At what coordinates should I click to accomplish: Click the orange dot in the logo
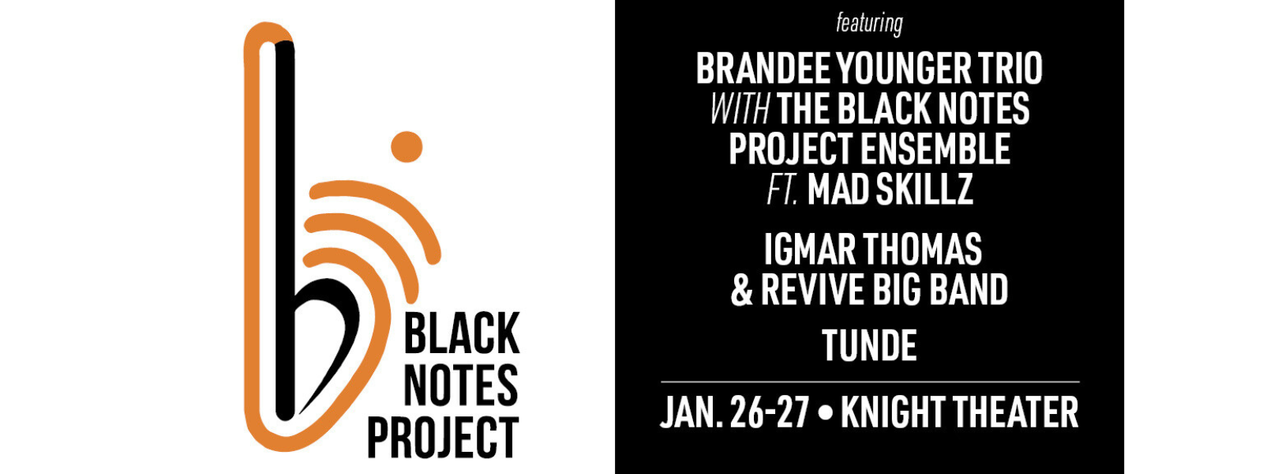(407, 147)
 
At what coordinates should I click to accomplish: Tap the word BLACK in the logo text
(462, 333)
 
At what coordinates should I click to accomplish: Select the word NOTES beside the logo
(461, 385)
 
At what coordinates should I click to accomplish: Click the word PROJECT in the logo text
(443, 437)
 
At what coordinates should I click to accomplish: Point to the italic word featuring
(869, 24)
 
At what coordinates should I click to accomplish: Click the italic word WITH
(740, 108)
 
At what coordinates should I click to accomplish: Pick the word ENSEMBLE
(936, 149)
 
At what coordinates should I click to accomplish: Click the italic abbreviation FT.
(782, 190)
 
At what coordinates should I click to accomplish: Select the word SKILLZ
(924, 190)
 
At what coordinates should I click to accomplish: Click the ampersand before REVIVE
(742, 289)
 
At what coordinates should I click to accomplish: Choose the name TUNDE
(869, 345)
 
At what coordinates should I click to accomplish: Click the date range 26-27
(770, 412)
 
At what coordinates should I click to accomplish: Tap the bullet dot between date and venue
(825, 413)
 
